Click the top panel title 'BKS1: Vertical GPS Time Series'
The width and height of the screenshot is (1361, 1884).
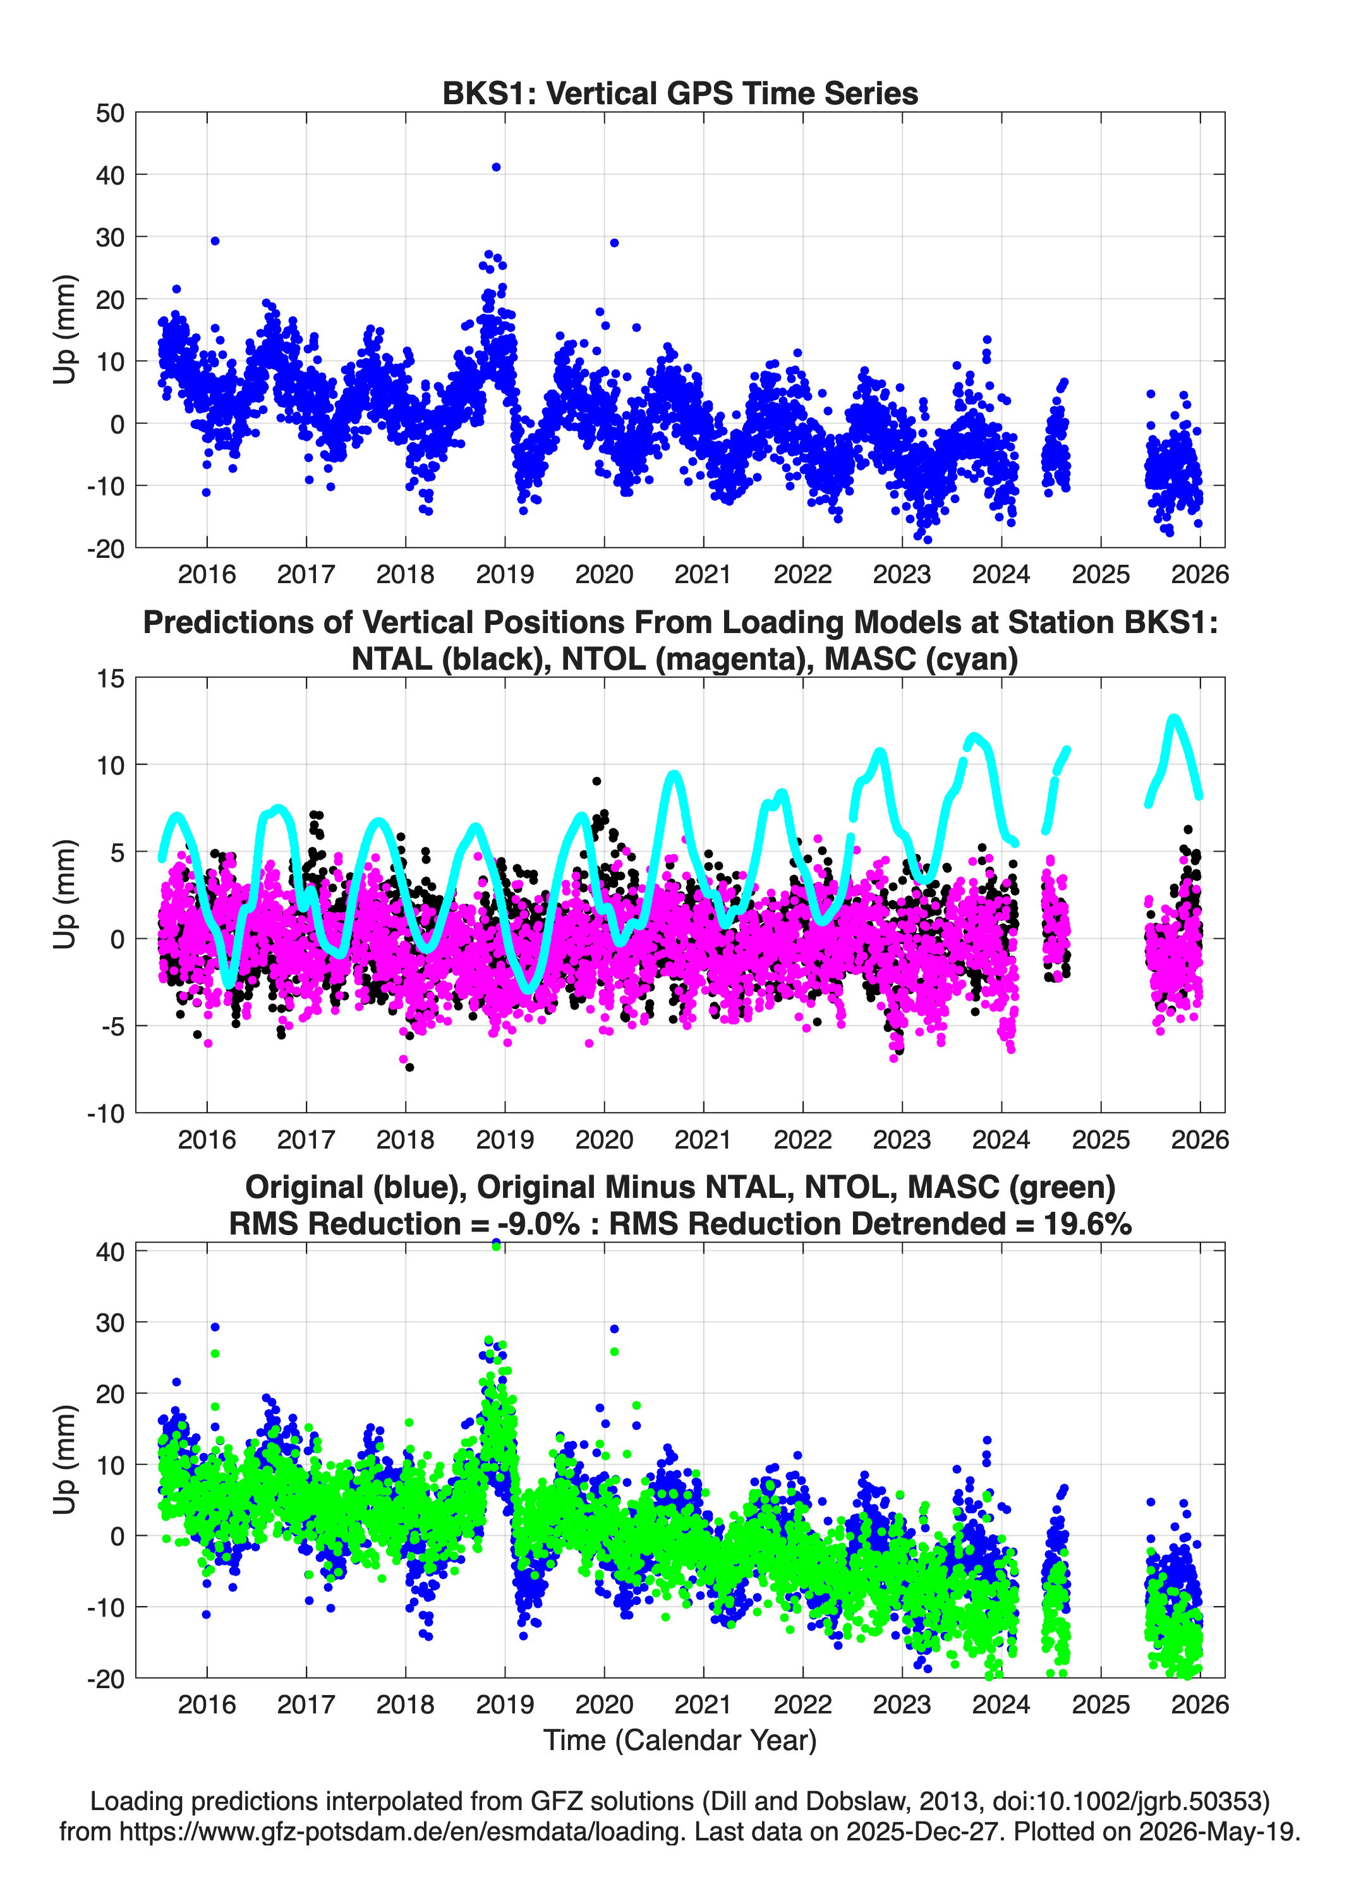[x=680, y=93]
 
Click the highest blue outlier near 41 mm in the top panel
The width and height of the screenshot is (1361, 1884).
[x=496, y=167]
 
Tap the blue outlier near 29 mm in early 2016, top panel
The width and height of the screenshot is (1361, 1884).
[x=214, y=241]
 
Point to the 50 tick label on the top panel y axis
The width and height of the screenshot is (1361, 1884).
[x=110, y=113]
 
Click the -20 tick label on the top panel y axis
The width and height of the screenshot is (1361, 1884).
[x=106, y=548]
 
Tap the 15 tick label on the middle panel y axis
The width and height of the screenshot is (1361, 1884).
[x=111, y=679]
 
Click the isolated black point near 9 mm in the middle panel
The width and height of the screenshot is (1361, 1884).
[x=596, y=781]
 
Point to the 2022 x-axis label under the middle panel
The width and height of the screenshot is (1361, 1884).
[x=802, y=1139]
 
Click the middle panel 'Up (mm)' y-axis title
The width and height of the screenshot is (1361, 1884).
[x=64, y=895]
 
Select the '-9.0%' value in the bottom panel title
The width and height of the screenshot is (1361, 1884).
[x=538, y=1224]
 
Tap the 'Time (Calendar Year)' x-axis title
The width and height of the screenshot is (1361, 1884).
[x=680, y=1739]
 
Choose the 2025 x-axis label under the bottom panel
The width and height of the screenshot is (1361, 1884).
[x=1101, y=1704]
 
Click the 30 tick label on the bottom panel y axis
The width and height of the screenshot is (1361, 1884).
[x=110, y=1322]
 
